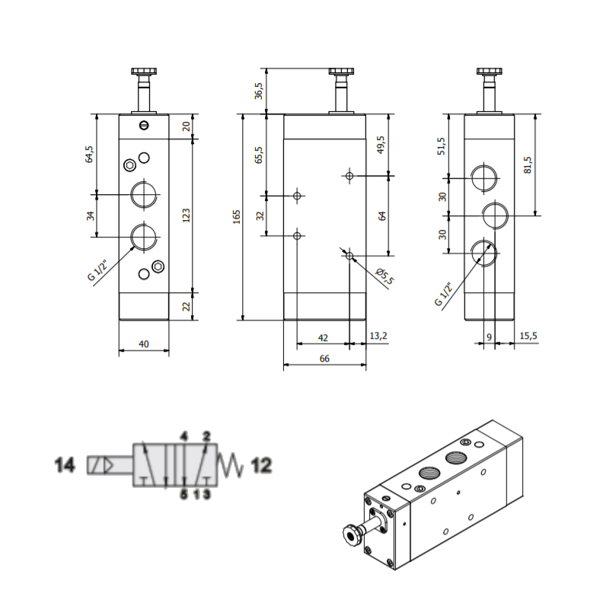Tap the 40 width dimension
pyautogui.click(x=144, y=344)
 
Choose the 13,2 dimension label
pyautogui.click(x=378, y=336)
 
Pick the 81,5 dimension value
pyautogui.click(x=528, y=164)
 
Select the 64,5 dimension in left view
pyautogui.click(x=89, y=155)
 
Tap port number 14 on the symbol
pyautogui.click(x=65, y=464)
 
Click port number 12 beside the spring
pyautogui.click(x=261, y=464)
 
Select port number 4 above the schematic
pyautogui.click(x=183, y=436)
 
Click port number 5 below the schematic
pyautogui.click(x=183, y=495)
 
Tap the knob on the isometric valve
pyautogui.click(x=351, y=535)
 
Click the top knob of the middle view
pyautogui.click(x=340, y=73)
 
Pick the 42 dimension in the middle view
pyautogui.click(x=323, y=336)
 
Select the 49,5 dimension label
pyautogui.click(x=381, y=145)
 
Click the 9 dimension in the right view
pyautogui.click(x=489, y=336)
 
